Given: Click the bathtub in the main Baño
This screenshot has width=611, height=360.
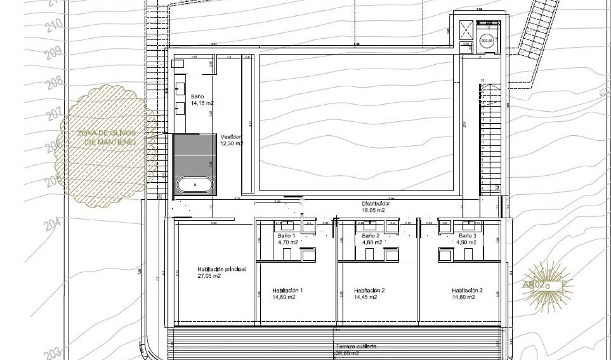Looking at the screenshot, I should point(195,185).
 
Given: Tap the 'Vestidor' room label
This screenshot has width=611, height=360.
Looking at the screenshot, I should point(231,137).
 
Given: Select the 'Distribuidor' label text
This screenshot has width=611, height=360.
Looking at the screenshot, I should point(376,204).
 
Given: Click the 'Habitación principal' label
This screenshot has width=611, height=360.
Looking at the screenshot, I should point(221,269).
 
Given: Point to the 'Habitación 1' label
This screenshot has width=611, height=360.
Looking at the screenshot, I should point(287,290).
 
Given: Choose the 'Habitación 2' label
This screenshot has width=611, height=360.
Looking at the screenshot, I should point(369,290).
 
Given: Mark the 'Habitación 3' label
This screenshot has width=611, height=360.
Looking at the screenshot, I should point(467,290).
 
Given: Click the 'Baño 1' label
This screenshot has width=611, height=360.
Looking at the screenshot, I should point(286,236).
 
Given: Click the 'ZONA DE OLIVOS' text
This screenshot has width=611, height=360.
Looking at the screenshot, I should point(103,133).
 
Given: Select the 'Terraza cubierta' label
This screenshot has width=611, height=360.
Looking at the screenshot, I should point(356,346).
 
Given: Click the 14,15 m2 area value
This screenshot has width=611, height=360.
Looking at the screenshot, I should point(203,103).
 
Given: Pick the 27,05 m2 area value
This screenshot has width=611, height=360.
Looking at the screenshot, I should point(209,276).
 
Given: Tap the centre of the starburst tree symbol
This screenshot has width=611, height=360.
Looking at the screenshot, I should point(547,286).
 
